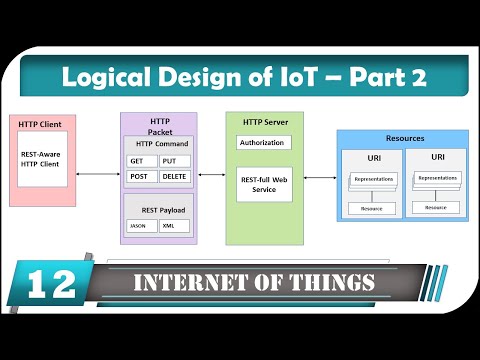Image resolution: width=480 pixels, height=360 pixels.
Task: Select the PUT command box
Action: click(175, 160)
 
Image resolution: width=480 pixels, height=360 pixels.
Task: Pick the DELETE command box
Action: click(175, 176)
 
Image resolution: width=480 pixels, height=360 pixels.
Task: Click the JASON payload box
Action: click(141, 225)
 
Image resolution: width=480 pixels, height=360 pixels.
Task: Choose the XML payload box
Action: click(174, 225)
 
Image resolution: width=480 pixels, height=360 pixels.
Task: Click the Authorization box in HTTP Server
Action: click(261, 143)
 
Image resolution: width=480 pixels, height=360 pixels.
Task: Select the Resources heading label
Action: click(404, 138)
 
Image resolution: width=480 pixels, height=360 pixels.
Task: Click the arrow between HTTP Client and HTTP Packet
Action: click(98, 174)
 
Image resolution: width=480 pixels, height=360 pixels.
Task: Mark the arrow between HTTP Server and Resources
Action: click(320, 178)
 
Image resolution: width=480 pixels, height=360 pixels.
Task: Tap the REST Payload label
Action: click(158, 209)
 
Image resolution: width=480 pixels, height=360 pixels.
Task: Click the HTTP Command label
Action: click(158, 143)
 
